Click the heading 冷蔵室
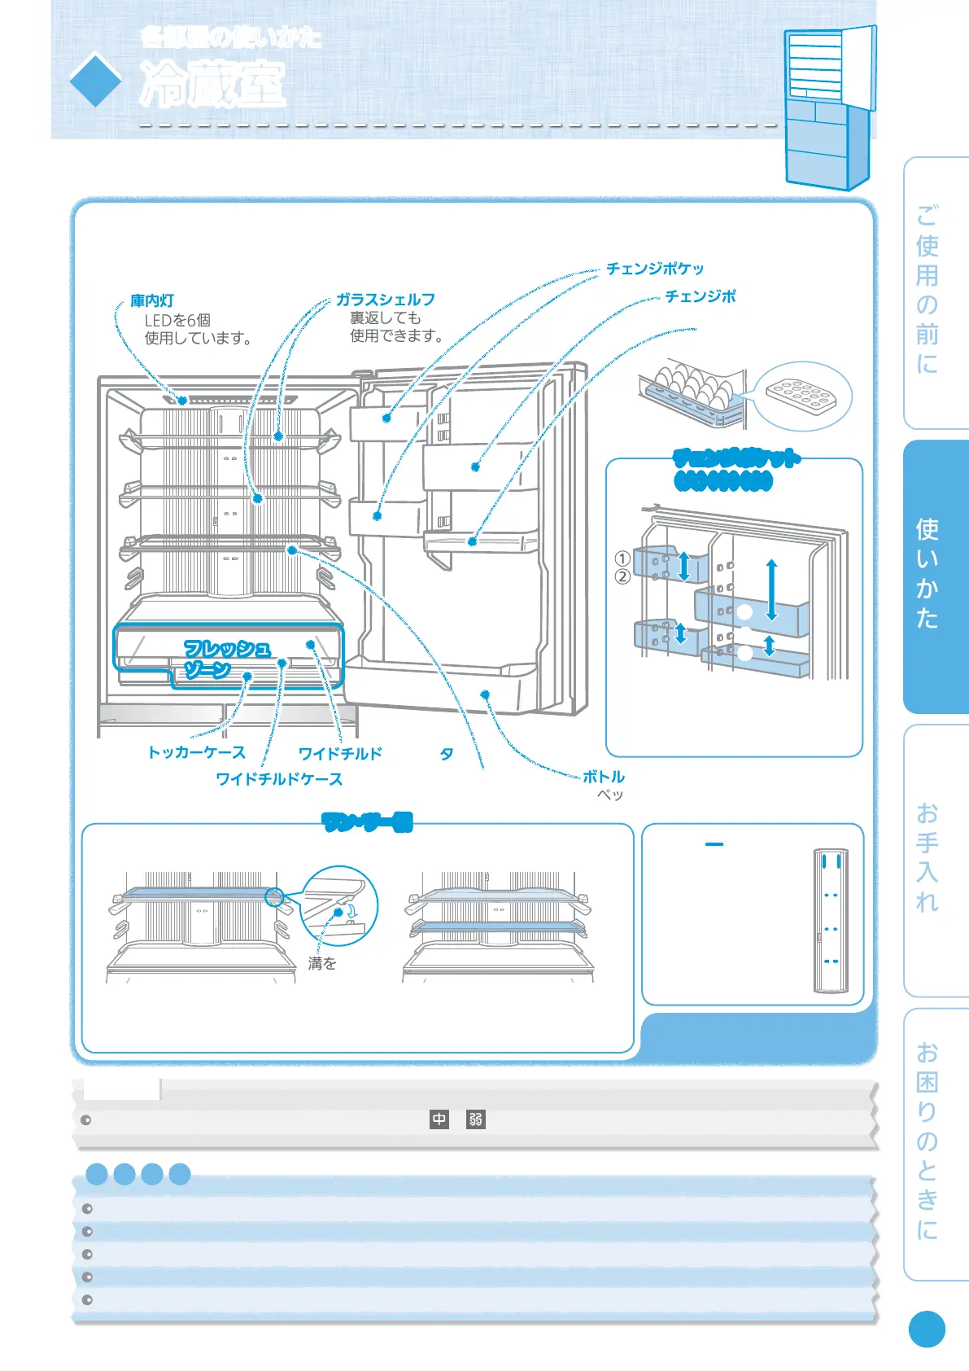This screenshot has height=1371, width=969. pos(212,84)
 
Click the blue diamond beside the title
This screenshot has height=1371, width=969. pos(95,80)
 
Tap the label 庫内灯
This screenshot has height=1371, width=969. pos(152,301)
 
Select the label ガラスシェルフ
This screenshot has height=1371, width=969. pos(386,300)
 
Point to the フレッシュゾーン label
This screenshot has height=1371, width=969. pos(226,659)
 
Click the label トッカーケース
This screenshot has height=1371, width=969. pos(196,752)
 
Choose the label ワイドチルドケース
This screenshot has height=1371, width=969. pos(279,779)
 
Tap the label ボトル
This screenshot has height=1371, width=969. pos(604,777)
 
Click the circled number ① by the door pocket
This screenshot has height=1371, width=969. pos(622,558)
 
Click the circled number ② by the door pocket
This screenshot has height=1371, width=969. pos(622,576)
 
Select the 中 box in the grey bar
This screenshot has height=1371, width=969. pos(439,1119)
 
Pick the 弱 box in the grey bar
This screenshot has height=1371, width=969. pos(476,1119)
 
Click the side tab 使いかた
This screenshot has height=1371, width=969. pos(928,574)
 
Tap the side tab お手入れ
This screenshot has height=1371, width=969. pos(928,858)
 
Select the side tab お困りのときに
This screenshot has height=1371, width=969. pos(928,1141)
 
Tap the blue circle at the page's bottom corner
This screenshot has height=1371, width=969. pos(927,1329)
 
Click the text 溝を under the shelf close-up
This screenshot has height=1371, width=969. pos(322,964)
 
